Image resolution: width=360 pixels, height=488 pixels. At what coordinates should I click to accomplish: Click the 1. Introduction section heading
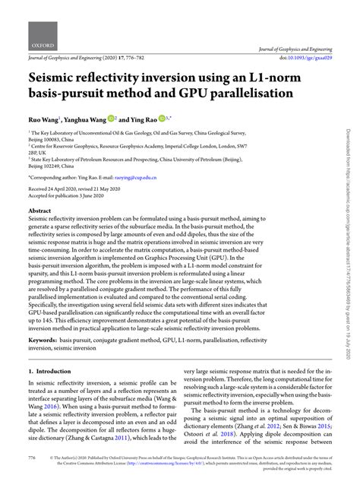click(52, 372)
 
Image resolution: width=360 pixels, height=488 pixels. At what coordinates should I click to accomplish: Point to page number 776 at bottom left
click(32, 459)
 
